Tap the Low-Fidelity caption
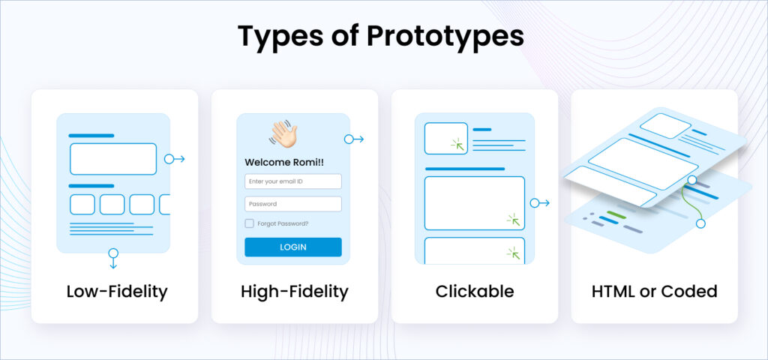click(116, 291)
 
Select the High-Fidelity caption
click(295, 291)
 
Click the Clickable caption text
click(475, 291)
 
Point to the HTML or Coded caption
click(654, 291)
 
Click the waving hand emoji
click(283, 133)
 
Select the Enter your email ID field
click(293, 181)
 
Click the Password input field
click(293, 204)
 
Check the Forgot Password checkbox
click(250, 223)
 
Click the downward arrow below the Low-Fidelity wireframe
click(113, 258)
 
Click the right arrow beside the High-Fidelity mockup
click(353, 139)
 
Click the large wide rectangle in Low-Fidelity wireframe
click(113, 159)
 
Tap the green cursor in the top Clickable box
click(457, 143)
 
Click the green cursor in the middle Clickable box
click(514, 220)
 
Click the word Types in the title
click(277, 36)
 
